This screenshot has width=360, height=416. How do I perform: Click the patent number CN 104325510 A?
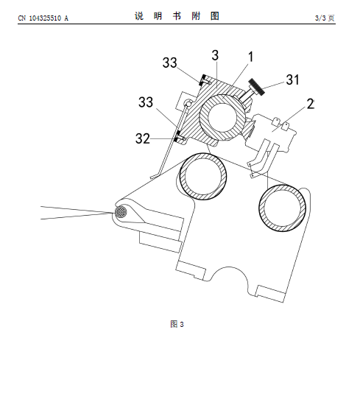pyautogui.click(x=43, y=18)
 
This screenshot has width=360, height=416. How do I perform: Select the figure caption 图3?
pyautogui.click(x=177, y=324)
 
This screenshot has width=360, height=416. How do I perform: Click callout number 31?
pyautogui.click(x=292, y=80)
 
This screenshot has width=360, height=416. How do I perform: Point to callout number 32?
pyautogui.click(x=143, y=138)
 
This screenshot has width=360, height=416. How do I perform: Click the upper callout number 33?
pyautogui.click(x=170, y=63)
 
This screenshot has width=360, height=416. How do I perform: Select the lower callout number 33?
pyautogui.click(x=146, y=102)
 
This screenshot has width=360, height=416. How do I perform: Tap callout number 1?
pyautogui.click(x=250, y=57)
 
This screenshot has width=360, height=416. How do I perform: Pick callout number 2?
pyautogui.click(x=311, y=104)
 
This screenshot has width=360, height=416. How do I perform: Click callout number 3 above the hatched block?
pyautogui.click(x=215, y=55)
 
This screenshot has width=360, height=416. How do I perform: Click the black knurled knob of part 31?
pyautogui.click(x=256, y=87)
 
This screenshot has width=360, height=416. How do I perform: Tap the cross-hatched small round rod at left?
pyautogui.click(x=121, y=213)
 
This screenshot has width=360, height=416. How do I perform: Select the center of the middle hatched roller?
pyautogui.click(x=203, y=177)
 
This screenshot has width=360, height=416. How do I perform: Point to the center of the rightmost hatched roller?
pyautogui.click(x=282, y=208)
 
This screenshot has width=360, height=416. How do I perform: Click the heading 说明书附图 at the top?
pyautogui.click(x=177, y=16)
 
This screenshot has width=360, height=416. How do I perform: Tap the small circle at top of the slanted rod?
pyautogui.click(x=188, y=103)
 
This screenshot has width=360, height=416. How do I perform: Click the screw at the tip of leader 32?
pyautogui.click(x=180, y=137)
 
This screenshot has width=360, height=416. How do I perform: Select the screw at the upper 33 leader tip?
pyautogui.click(x=204, y=80)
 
